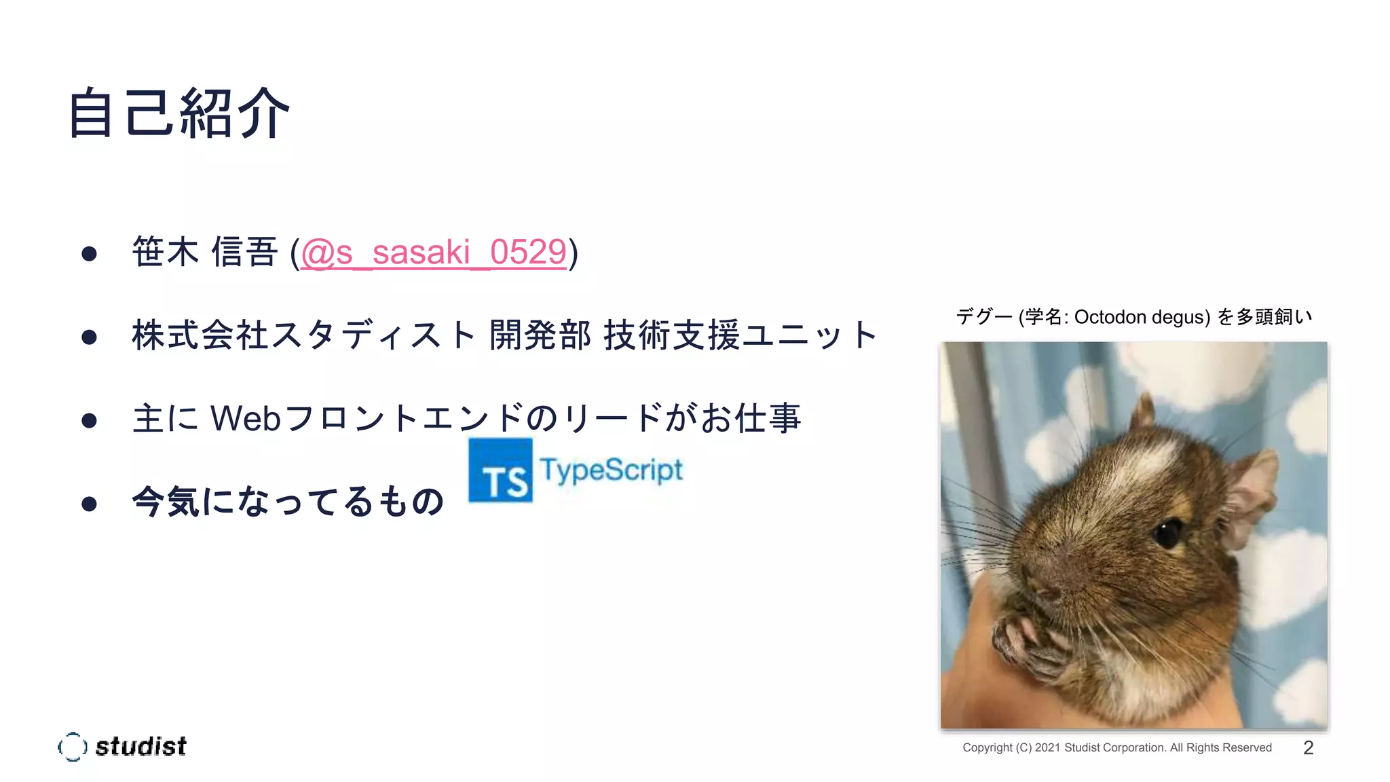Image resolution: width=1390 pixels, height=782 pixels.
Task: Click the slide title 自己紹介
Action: [x=179, y=113]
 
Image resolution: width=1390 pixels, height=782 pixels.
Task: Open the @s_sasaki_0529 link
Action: [x=433, y=253]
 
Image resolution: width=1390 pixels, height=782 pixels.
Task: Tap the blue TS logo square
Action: [x=500, y=470]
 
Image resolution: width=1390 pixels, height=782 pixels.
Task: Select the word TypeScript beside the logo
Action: [x=611, y=470]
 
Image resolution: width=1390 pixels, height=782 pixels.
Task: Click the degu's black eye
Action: [x=1168, y=534]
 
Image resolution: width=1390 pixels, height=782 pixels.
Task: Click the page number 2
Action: [x=1309, y=747]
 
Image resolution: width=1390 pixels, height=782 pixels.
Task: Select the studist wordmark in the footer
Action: [x=140, y=747]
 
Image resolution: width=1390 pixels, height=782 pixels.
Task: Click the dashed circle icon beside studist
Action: [x=73, y=747]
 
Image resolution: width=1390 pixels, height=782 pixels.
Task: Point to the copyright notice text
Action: [x=1117, y=747]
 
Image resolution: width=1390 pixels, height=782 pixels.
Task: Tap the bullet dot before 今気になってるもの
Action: [x=89, y=504]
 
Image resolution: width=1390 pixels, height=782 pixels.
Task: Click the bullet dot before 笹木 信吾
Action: [x=89, y=254]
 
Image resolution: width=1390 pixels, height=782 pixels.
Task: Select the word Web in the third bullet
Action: [x=246, y=418]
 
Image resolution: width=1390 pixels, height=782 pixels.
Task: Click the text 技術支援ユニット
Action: [x=740, y=335]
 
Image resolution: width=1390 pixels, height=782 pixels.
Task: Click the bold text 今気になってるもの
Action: [x=288, y=502]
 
